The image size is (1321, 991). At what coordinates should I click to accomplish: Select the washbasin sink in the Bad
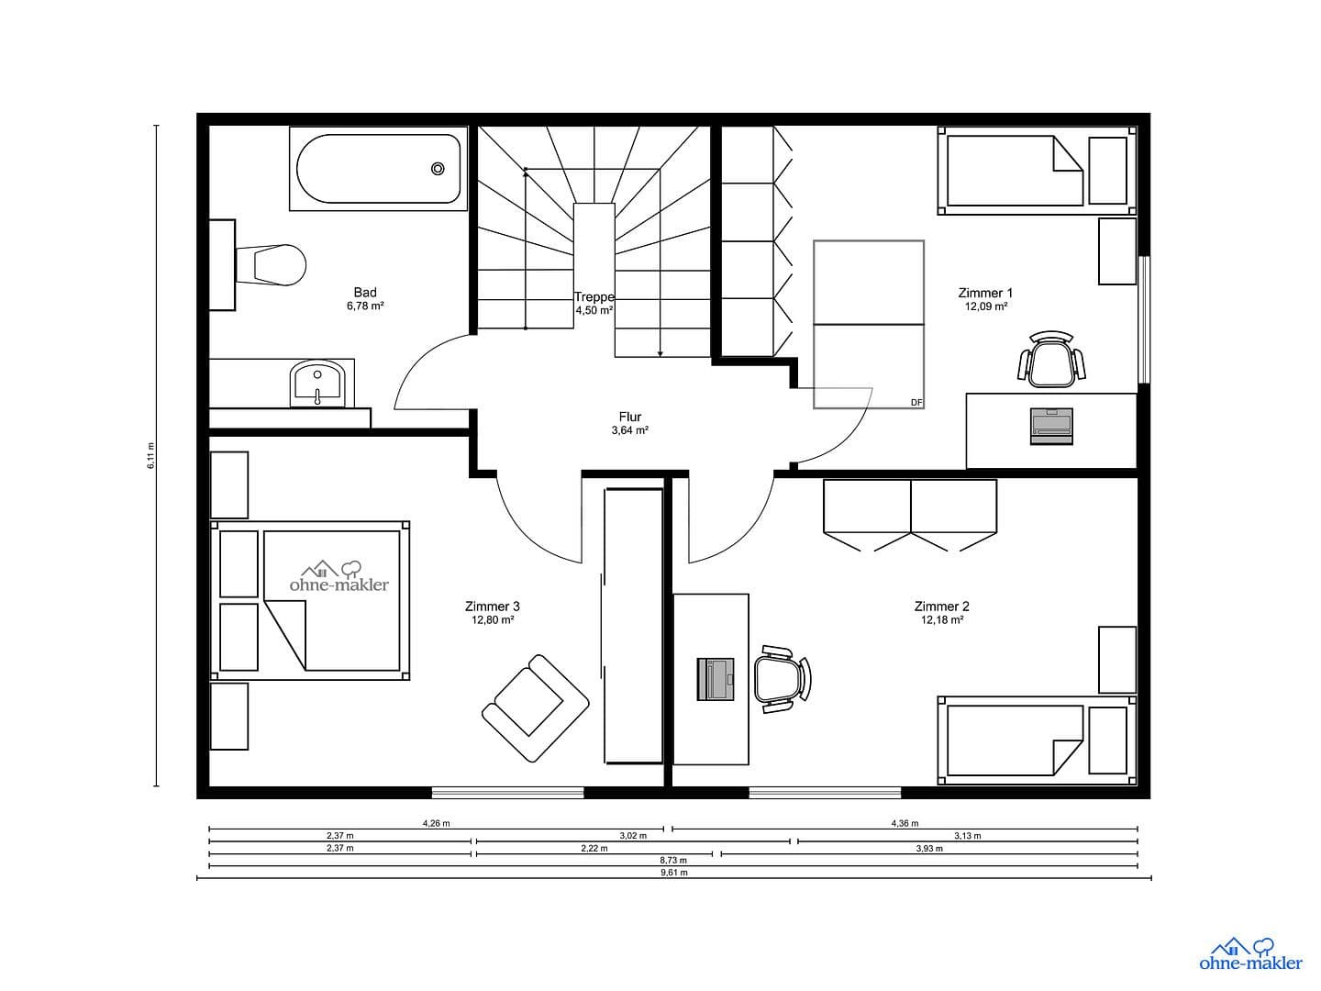click(317, 384)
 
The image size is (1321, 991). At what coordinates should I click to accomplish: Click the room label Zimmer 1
click(985, 294)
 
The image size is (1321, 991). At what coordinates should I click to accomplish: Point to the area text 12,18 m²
click(941, 620)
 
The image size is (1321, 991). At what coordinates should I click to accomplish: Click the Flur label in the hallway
click(629, 418)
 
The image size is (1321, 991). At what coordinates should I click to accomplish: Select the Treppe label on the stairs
click(594, 297)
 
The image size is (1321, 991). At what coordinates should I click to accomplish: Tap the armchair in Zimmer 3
click(535, 707)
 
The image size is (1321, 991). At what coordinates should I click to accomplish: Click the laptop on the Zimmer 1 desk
click(1051, 426)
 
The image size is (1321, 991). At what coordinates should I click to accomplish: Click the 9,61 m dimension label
click(674, 874)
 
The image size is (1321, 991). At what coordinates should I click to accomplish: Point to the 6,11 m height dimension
click(151, 456)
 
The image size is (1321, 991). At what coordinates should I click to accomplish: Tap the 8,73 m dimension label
click(674, 861)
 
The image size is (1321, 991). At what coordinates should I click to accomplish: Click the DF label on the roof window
click(916, 403)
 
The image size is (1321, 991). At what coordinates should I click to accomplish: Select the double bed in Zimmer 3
click(312, 601)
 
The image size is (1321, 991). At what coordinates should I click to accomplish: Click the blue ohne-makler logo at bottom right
click(1250, 953)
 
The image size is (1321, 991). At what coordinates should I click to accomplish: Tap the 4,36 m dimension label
click(905, 823)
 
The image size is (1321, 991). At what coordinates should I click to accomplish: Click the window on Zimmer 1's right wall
click(1143, 318)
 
